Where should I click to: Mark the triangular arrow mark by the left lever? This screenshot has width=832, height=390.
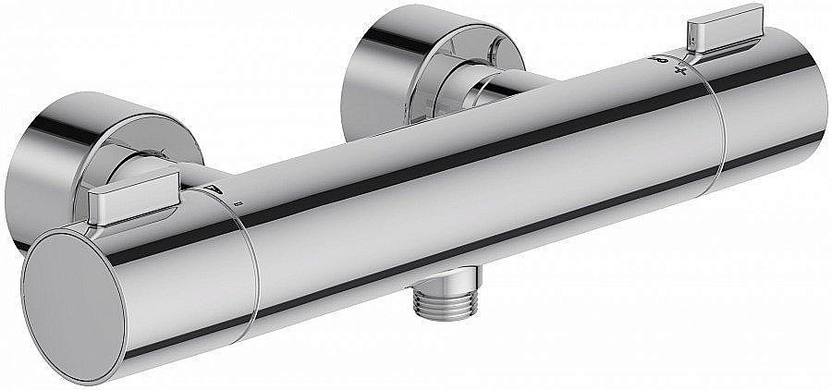(x=214, y=190)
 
